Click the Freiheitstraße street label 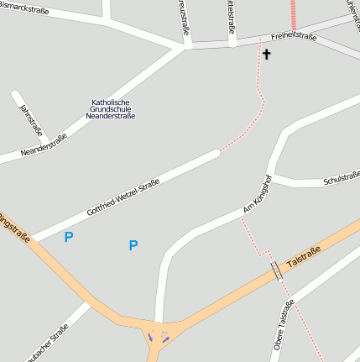click(295, 35)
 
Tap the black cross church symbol click(267, 55)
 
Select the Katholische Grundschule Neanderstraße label click(111, 108)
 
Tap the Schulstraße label click(341, 178)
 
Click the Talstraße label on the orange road click(304, 256)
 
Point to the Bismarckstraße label click(23, 10)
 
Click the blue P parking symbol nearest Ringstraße click(69, 237)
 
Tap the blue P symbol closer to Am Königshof click(133, 245)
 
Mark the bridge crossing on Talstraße click(276, 271)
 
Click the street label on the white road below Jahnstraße click(43, 146)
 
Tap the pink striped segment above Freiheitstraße click(294, 14)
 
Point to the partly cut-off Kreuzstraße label click(184, 16)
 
